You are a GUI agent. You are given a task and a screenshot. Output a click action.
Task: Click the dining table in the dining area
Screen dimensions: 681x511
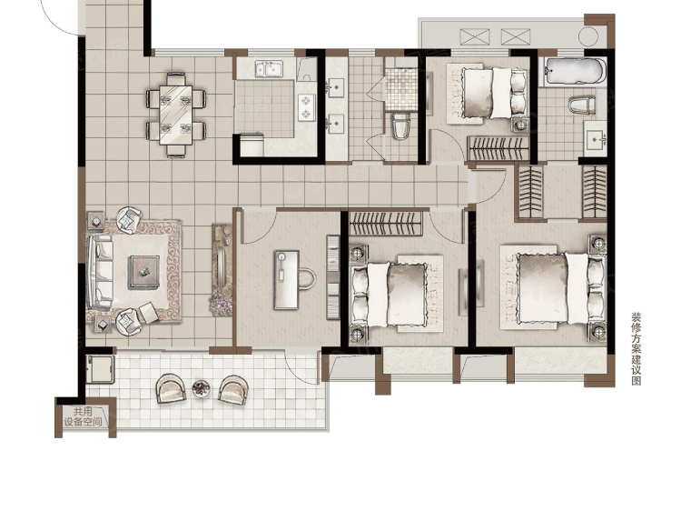pos(175,115)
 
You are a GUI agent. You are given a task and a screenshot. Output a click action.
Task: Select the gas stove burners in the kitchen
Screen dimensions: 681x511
pos(307,107)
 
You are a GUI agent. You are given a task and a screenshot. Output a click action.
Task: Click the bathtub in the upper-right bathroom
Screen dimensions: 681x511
pos(572,71)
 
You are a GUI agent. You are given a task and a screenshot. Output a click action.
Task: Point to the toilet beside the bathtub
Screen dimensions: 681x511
pos(582,105)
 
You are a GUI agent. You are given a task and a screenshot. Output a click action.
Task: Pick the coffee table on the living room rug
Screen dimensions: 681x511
pos(143,273)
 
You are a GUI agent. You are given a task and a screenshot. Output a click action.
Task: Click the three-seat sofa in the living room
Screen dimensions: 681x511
pos(100,273)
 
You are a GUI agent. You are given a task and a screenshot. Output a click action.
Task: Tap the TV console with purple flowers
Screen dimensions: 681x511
pos(222,270)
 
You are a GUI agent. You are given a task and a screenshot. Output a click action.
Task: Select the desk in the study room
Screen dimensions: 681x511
pos(287,280)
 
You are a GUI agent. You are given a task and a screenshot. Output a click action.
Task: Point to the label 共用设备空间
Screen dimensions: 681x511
pos(83,416)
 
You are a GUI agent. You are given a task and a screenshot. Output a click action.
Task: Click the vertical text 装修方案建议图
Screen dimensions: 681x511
pos(637,348)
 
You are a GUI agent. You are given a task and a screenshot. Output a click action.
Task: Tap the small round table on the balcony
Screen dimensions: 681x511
pos(201,388)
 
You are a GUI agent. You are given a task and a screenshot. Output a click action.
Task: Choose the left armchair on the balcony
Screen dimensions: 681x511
pos(171,388)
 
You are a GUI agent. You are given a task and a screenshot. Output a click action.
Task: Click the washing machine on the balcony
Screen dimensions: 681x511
pos(100,369)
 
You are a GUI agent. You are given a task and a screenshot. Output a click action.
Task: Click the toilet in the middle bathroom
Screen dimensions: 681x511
pos(400,125)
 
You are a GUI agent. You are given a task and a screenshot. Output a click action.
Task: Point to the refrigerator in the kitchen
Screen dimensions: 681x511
pos(252,145)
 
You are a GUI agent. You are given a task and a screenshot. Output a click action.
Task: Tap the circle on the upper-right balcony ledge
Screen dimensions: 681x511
pos(588,36)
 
